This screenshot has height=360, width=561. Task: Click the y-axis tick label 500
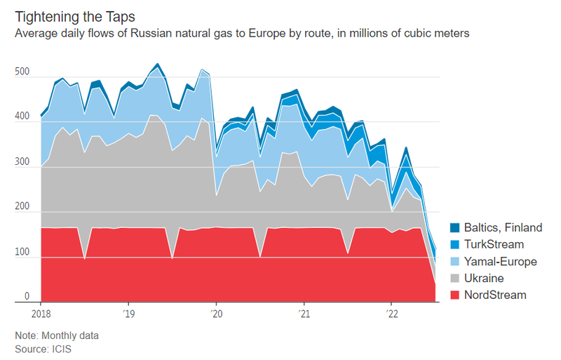click(22, 71)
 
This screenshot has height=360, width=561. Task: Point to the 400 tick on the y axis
click(22, 116)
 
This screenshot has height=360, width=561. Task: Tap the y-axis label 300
click(22, 162)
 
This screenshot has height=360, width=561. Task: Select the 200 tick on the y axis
click(22, 207)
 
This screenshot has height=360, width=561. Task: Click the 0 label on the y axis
click(27, 297)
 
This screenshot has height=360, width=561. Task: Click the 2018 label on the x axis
click(41, 313)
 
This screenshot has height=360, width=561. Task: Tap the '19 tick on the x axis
click(128, 313)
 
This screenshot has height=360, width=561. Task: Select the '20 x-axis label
click(216, 313)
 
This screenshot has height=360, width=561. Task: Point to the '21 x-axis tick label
click(304, 313)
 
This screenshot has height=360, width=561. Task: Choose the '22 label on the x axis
click(391, 313)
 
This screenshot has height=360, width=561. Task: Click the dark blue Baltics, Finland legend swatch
click(454, 227)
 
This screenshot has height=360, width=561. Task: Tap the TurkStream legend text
click(494, 244)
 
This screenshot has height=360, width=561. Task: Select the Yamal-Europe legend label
click(500, 261)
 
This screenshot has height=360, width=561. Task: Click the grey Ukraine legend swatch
click(454, 278)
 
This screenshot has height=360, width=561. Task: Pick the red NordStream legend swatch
click(454, 295)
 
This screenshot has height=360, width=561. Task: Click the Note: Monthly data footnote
click(57, 335)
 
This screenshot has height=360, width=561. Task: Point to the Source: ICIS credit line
click(43, 348)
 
